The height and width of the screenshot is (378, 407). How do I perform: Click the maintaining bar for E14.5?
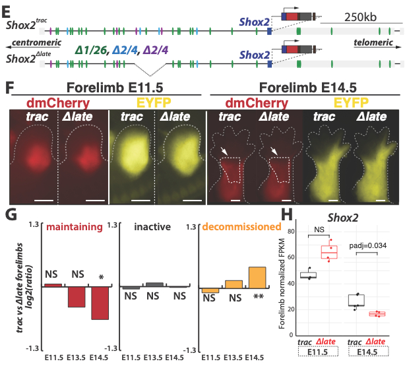pyautogui.click(x=100, y=303)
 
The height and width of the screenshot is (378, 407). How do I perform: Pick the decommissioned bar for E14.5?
pyautogui.click(x=257, y=276)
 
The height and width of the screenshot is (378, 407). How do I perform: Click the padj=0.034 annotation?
pyautogui.click(x=367, y=245)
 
